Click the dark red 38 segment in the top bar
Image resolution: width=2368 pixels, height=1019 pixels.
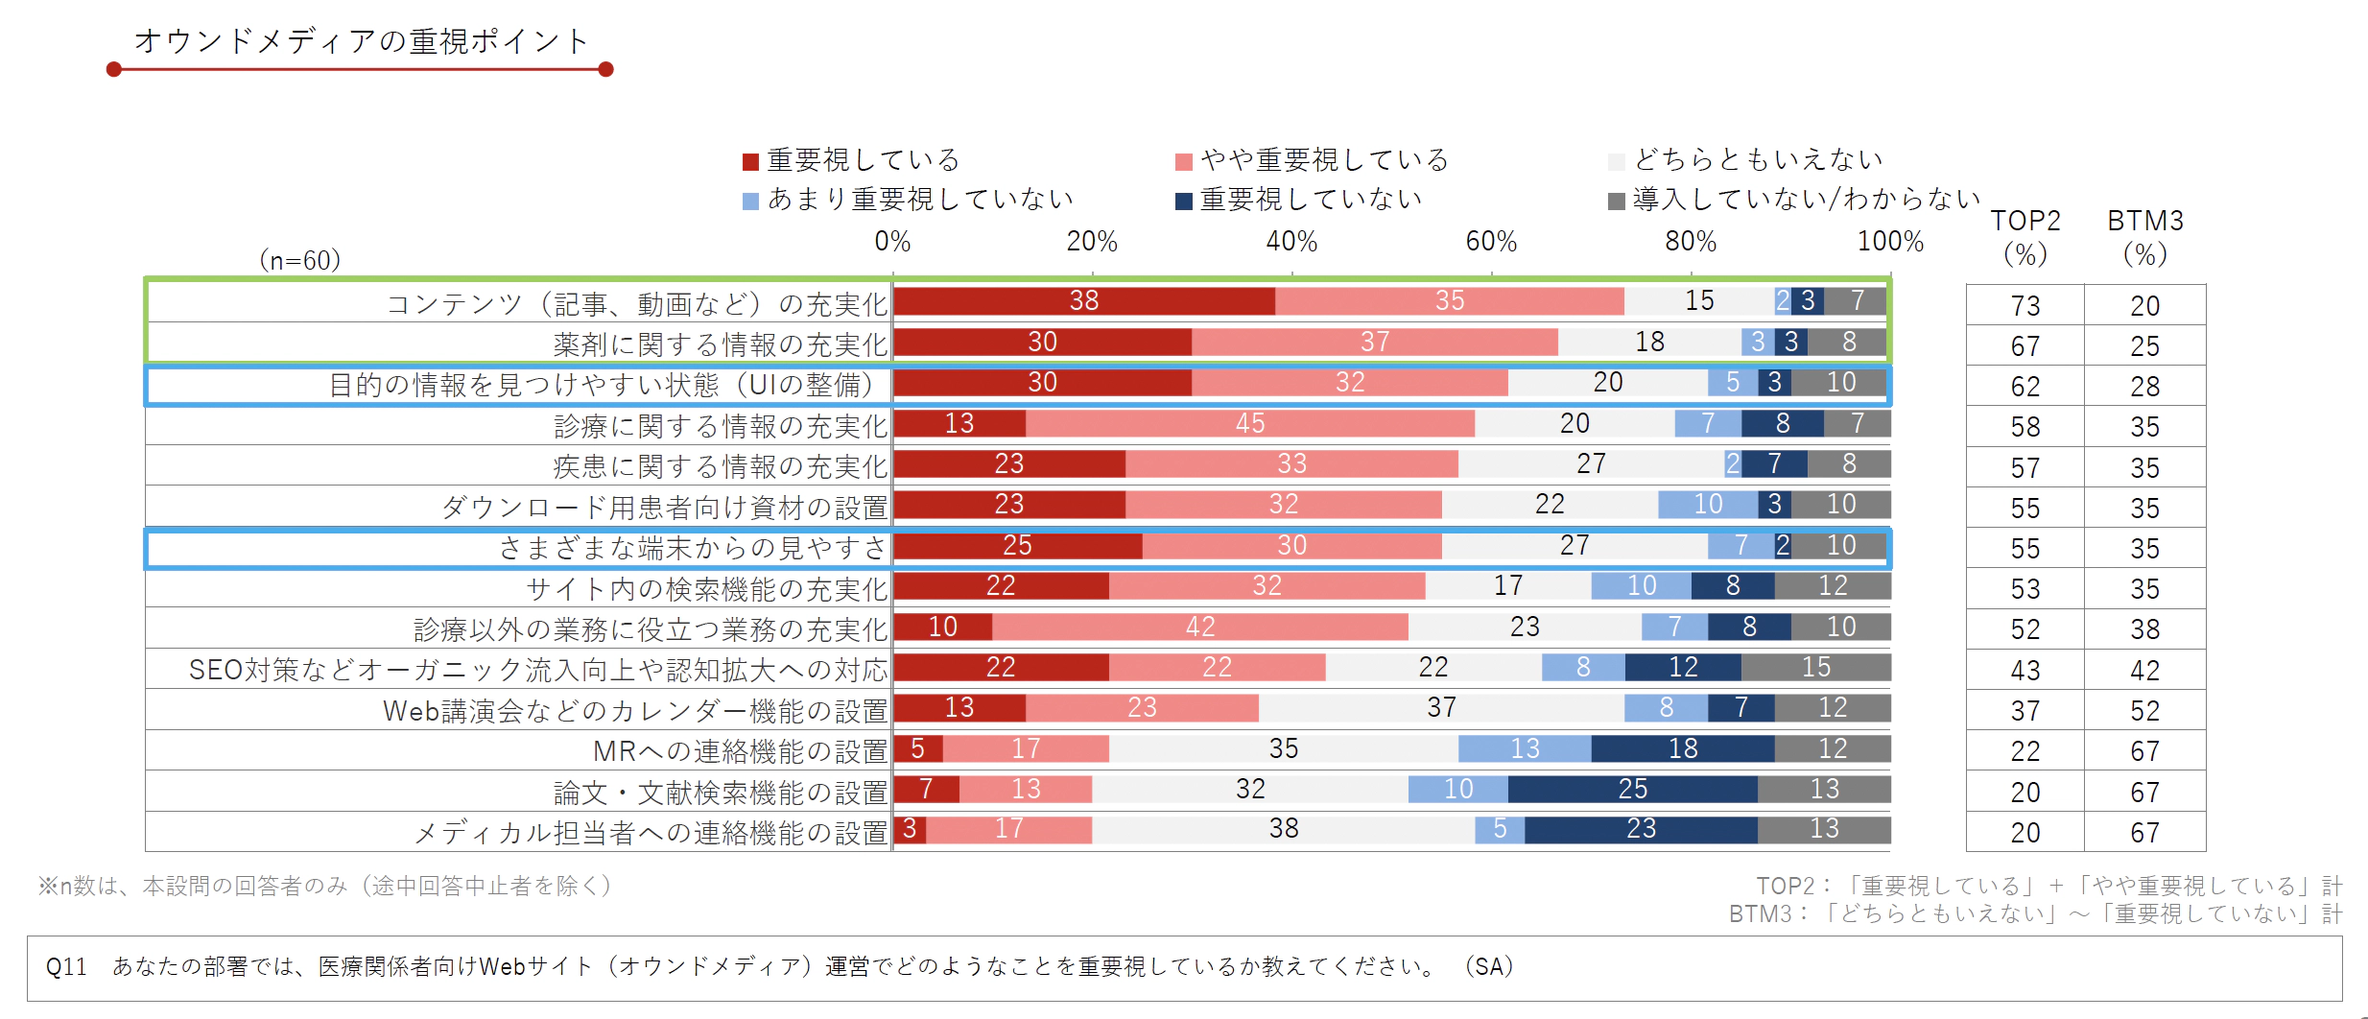1084,301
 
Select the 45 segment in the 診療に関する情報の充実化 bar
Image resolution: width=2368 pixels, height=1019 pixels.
1249,423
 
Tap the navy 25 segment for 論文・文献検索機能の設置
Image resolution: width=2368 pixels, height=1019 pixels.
1632,789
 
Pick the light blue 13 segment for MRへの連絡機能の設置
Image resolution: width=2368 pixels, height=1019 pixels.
1524,748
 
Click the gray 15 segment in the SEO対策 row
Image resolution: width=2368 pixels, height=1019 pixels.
1815,667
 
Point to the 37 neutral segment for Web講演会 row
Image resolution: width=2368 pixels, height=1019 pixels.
1441,708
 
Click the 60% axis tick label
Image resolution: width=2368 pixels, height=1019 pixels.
1491,242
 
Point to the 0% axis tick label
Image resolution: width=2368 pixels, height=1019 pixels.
892,242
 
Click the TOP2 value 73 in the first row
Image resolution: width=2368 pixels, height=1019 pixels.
2025,306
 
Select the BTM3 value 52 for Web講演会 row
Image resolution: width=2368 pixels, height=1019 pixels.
2145,711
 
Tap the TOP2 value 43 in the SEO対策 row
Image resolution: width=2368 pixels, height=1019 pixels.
2025,671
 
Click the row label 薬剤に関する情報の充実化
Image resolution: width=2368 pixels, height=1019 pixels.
720,344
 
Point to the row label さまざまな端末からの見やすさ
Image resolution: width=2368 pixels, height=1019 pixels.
693,548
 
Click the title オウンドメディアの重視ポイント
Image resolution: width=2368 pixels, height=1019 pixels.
361,42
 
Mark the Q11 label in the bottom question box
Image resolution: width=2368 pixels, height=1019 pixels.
66,967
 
